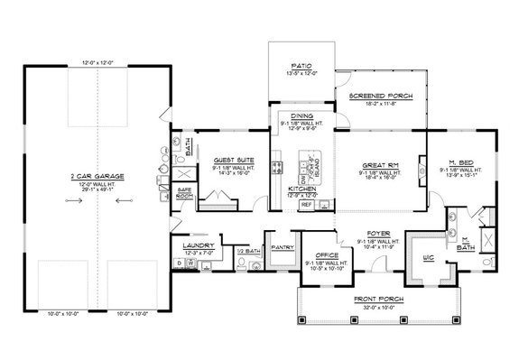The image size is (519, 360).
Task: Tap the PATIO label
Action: click(301, 65)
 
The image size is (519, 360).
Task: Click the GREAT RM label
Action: click(381, 165)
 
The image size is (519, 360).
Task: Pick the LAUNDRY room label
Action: click(195, 245)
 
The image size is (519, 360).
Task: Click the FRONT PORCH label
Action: click(378, 299)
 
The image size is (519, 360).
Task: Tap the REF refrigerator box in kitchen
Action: click(306, 205)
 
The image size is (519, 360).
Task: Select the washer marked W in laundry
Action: click(191, 264)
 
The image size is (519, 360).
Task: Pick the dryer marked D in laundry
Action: click(179, 264)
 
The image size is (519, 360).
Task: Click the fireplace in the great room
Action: click(422, 164)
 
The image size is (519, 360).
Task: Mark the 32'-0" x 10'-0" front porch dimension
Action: click(378, 307)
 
